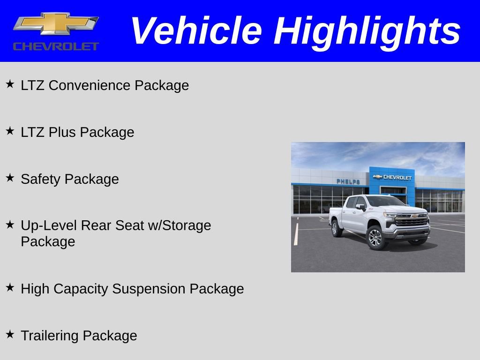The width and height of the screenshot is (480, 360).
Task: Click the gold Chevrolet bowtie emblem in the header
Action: (56, 24)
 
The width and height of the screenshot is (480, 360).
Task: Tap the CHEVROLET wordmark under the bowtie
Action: (56, 46)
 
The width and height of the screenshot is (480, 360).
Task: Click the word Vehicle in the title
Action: (196, 31)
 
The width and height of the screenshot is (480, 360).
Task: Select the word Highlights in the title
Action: (367, 31)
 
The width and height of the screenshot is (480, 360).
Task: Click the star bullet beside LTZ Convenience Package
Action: (10, 84)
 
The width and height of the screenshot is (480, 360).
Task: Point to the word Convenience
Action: (90, 85)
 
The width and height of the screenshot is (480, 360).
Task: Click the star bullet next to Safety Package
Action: (10, 178)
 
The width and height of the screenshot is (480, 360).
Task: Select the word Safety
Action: (41, 179)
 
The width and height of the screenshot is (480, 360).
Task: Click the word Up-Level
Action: (49, 225)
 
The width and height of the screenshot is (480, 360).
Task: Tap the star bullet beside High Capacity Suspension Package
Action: (10, 288)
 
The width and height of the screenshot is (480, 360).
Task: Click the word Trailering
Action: (50, 336)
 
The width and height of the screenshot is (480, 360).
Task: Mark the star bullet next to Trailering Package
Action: (10, 335)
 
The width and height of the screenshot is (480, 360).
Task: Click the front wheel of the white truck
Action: (375, 237)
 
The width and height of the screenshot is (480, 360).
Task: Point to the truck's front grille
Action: (412, 220)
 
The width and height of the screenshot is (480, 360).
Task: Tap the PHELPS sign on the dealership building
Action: (348, 181)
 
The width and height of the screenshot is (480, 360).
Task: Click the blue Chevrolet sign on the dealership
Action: (392, 177)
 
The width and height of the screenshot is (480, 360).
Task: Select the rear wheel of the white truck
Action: (336, 228)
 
